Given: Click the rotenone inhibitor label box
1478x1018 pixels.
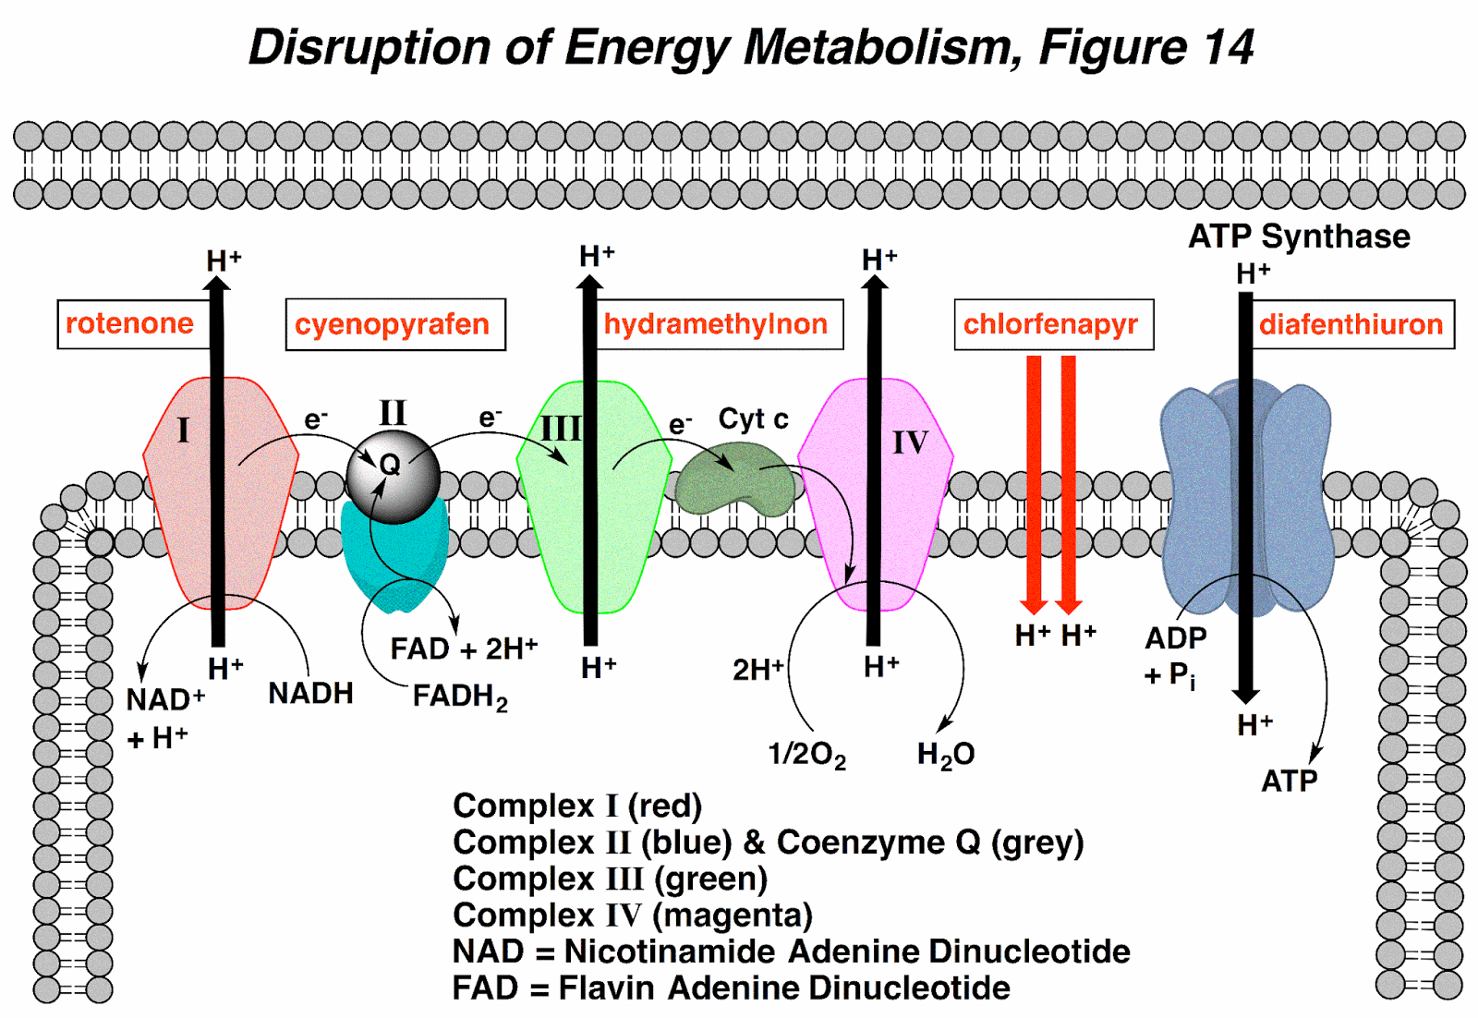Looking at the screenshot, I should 129,324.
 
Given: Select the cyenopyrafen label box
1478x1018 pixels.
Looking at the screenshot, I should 394,324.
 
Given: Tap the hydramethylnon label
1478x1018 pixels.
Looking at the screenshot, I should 716,324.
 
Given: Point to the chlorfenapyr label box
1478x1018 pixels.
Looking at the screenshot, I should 1052,324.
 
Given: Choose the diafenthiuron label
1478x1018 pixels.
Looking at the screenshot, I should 1351,324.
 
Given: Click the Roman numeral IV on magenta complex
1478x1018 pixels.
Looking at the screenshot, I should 910,442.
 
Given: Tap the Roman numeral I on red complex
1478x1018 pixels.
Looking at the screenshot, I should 183,430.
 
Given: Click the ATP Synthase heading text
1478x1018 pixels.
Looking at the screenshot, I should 1298,236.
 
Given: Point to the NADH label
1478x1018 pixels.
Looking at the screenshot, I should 310,693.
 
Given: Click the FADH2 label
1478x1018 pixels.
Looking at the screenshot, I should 459,696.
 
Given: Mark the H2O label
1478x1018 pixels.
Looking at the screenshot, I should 945,755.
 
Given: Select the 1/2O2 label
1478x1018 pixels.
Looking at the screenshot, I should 806,755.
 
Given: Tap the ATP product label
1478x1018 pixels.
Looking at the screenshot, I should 1289,782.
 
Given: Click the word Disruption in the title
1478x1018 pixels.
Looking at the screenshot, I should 370,47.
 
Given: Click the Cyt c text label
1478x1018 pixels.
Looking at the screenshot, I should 753,419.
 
